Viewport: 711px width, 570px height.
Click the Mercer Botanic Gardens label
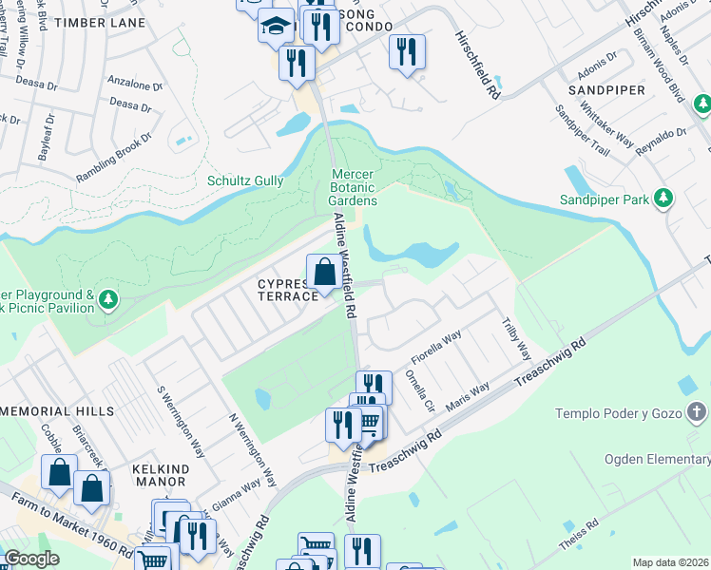tap(354, 187)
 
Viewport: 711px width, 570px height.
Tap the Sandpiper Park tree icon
tap(663, 199)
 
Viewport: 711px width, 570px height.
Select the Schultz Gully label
tap(243, 180)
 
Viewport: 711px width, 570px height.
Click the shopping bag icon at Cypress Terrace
tap(323, 272)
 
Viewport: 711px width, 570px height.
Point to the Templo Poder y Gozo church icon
tap(696, 413)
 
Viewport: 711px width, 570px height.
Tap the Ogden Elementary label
tap(657, 460)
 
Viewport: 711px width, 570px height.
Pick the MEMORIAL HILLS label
tap(57, 411)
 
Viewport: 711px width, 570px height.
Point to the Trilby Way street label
tap(516, 338)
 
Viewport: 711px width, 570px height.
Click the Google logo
tap(32, 560)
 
